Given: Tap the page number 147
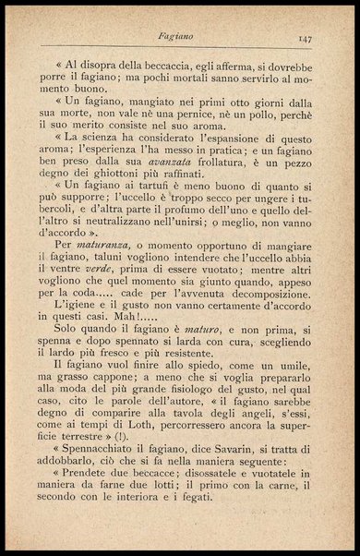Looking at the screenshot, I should point(307,38).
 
